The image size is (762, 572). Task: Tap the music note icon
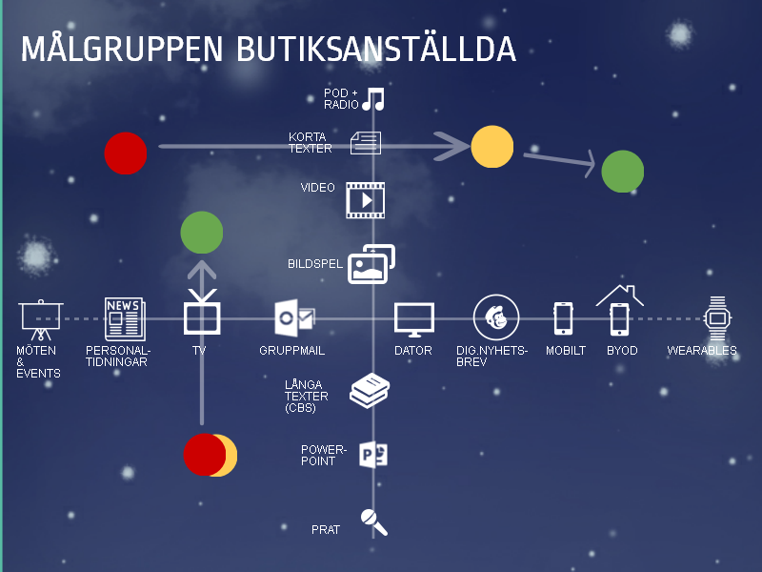click(x=372, y=99)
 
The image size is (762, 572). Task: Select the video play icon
click(x=365, y=200)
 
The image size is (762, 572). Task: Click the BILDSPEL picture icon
click(x=371, y=264)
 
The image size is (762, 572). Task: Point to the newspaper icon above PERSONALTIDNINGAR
click(x=125, y=318)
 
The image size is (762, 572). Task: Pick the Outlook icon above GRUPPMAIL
click(x=293, y=318)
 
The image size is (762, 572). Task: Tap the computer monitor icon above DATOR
click(x=414, y=319)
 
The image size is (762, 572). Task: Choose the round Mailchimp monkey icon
click(x=495, y=317)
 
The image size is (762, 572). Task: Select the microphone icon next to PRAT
click(x=373, y=521)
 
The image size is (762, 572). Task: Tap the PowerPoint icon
click(x=372, y=455)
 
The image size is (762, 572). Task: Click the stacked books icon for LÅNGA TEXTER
click(x=369, y=391)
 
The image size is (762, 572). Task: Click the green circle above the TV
click(x=202, y=233)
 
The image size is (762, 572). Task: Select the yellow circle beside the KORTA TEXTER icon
click(x=492, y=146)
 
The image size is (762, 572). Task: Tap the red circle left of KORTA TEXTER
click(x=126, y=153)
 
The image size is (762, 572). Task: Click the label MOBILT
click(x=566, y=351)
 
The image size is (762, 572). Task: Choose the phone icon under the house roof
click(x=620, y=318)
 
